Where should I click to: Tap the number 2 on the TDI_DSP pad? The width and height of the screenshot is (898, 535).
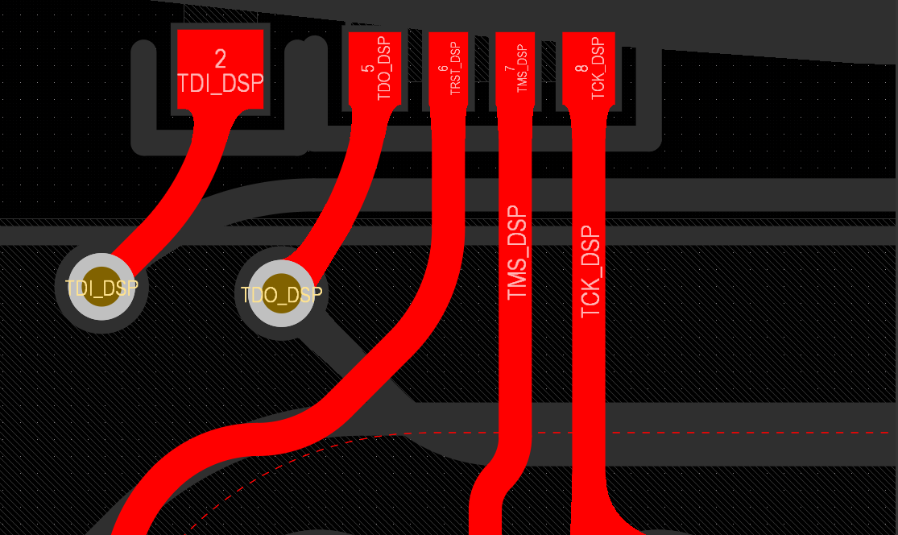click(221, 58)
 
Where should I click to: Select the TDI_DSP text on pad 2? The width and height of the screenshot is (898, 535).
click(220, 83)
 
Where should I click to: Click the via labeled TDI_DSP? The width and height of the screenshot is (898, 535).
click(101, 288)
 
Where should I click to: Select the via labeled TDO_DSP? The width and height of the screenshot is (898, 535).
click(281, 294)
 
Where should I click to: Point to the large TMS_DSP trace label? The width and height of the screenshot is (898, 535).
click(516, 253)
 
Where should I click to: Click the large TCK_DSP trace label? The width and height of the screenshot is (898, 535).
click(590, 272)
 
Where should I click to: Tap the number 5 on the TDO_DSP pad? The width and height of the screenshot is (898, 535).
click(368, 68)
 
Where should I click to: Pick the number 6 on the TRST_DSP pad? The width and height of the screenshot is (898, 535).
click(442, 68)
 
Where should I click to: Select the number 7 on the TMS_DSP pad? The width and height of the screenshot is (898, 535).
click(509, 68)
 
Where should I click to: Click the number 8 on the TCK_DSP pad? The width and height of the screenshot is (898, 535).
click(581, 68)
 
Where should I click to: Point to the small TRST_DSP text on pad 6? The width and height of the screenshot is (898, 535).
click(455, 68)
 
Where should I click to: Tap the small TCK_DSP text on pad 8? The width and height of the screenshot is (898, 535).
click(597, 68)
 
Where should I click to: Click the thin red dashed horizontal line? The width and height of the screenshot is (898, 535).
click(644, 433)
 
